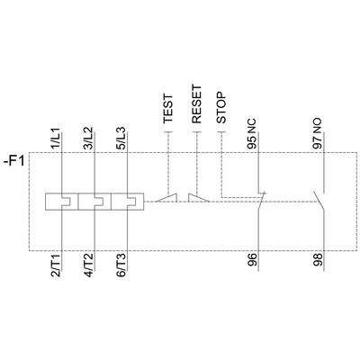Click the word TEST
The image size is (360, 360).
click(x=168, y=110)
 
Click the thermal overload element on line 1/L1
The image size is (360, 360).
click(x=60, y=199)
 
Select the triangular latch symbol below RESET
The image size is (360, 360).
click(x=196, y=195)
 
